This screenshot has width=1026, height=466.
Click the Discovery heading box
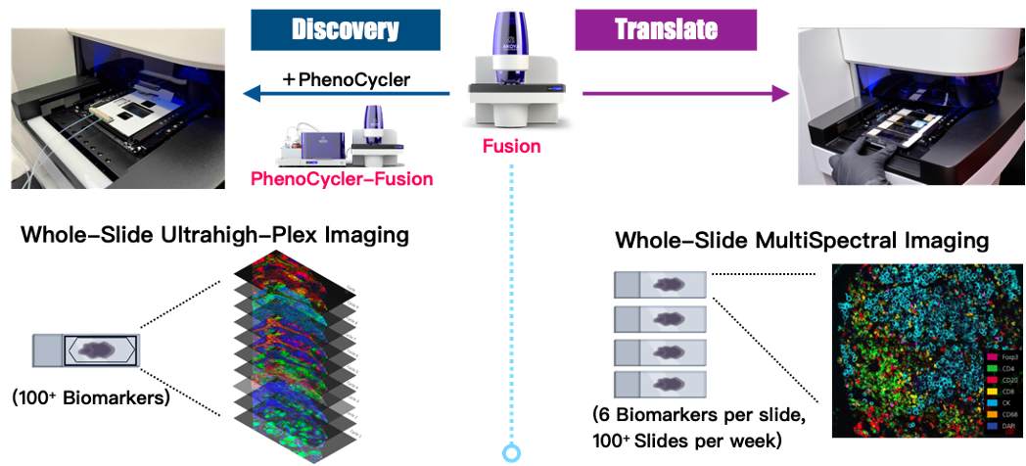click(x=345, y=29)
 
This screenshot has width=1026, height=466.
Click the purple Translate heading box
click(x=665, y=29)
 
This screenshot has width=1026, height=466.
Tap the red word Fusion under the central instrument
click(x=511, y=146)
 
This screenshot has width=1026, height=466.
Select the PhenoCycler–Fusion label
click(x=342, y=178)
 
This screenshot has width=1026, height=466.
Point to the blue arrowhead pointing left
click(x=252, y=94)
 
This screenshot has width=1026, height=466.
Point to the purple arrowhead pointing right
click(x=780, y=94)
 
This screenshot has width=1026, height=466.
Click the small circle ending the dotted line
click(x=511, y=454)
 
